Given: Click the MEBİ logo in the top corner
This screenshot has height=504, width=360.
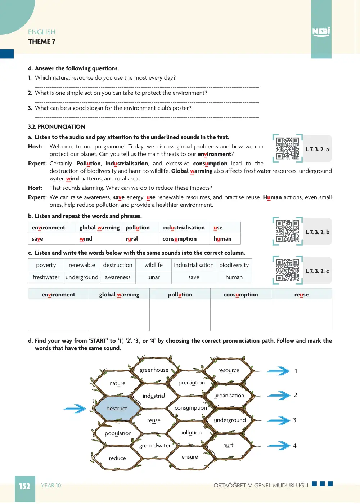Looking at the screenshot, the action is (321, 31).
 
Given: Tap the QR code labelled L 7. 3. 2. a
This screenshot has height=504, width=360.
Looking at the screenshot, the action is (287, 148).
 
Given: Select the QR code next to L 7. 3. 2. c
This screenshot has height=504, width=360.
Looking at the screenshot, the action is (287, 270).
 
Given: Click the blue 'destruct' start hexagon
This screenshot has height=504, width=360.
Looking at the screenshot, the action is (117, 409).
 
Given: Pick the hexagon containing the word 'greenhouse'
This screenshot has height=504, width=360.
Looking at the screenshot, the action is (154, 370).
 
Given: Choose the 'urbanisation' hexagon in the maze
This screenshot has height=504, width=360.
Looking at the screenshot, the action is (229, 395).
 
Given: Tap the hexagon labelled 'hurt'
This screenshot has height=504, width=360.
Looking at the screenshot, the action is (228, 445).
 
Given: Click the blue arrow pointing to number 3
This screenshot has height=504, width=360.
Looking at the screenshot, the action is (279, 420).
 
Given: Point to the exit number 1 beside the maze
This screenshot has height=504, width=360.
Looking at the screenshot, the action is (296, 371).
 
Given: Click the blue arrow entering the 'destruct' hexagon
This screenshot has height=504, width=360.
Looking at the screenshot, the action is (75, 409).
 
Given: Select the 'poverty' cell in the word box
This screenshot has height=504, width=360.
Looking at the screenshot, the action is (46, 265).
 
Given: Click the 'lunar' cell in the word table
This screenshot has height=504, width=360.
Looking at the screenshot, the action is (154, 277).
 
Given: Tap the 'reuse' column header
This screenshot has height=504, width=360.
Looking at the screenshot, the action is (302, 294).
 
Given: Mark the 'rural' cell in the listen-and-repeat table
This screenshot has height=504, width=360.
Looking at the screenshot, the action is (140, 239).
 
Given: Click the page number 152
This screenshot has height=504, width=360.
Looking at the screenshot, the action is (25, 486).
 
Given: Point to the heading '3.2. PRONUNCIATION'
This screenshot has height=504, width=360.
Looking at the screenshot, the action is (57, 127).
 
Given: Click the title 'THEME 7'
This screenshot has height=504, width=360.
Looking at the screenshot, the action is (42, 41).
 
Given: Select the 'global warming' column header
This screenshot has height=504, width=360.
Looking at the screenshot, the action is (119, 294).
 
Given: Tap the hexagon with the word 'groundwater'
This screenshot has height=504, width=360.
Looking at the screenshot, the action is (155, 446).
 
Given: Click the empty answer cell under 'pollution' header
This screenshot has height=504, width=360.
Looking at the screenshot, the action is (180, 315).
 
